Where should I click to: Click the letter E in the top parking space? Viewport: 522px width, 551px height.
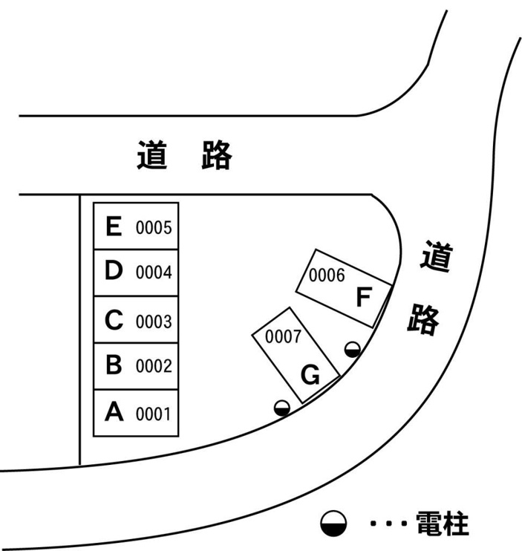click(x=114, y=226)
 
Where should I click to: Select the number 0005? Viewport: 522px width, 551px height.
click(x=154, y=227)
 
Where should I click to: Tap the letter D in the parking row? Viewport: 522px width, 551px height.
click(x=114, y=270)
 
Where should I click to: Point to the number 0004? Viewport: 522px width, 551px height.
click(x=154, y=273)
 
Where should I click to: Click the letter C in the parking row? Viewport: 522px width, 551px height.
click(x=114, y=320)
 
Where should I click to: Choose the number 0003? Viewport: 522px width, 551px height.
click(x=154, y=322)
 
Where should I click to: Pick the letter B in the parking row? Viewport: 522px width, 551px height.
click(x=114, y=364)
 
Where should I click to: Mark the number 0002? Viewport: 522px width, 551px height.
click(x=154, y=366)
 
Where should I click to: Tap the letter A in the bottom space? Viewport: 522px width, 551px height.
click(x=114, y=411)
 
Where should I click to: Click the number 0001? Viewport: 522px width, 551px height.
click(x=153, y=414)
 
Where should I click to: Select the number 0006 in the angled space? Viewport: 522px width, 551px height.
click(x=327, y=275)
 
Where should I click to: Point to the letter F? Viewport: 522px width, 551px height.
click(x=364, y=296)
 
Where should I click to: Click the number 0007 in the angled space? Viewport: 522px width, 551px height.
click(x=283, y=336)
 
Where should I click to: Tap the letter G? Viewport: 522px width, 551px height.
click(x=310, y=374)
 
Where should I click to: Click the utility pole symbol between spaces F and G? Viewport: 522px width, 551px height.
click(x=353, y=350)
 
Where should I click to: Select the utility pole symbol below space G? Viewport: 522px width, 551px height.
click(x=282, y=408)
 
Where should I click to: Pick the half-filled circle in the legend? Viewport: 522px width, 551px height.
click(x=333, y=524)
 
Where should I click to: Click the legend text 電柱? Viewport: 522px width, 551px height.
click(x=443, y=524)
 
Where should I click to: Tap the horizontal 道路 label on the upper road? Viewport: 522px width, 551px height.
click(x=184, y=155)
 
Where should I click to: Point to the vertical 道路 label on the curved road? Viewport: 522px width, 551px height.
click(x=430, y=288)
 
